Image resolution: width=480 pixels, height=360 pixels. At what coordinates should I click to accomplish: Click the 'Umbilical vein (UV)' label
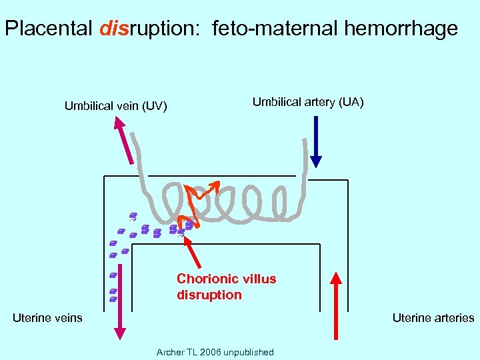(x=115, y=106)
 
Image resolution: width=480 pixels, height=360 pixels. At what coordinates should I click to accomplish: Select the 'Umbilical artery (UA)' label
(x=308, y=102)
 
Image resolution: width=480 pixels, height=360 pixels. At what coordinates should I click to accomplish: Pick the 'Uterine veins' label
(x=47, y=318)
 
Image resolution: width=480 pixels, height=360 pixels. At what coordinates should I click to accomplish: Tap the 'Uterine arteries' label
(x=433, y=318)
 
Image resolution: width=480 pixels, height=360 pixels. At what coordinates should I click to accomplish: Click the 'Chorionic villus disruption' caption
(x=226, y=287)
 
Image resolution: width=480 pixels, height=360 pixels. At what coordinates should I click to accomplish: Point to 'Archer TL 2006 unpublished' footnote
(x=215, y=352)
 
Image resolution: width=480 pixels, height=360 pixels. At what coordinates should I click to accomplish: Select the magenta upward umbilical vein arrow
(x=125, y=139)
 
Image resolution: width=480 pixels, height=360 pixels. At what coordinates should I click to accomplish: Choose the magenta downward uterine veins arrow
(x=121, y=307)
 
